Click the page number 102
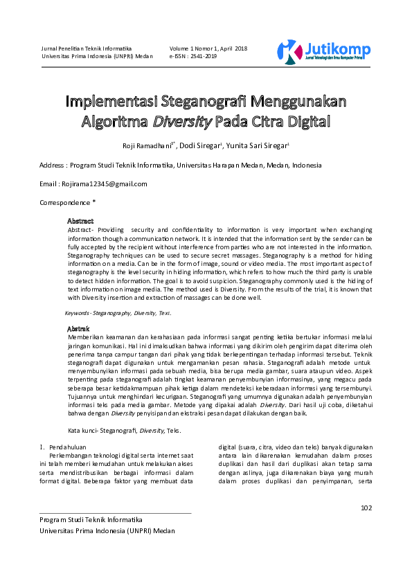(x=366, y=508)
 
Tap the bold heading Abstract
(x=80, y=221)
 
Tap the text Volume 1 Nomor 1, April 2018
(x=208, y=48)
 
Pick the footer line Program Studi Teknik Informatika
(x=91, y=519)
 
